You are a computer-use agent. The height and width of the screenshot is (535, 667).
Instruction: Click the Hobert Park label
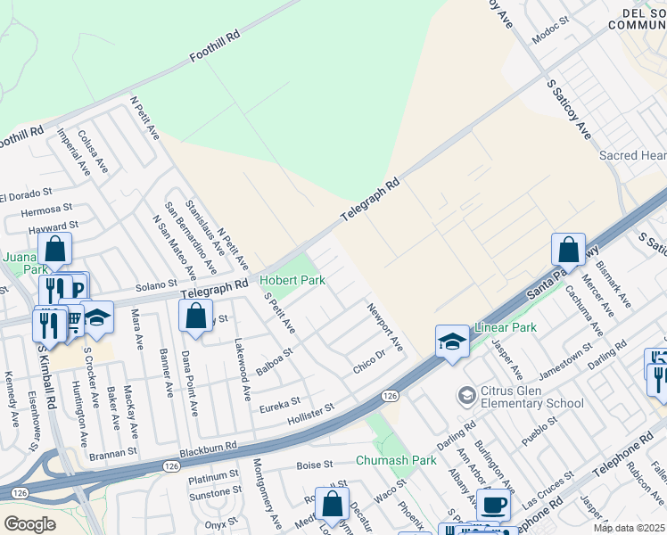(x=292, y=280)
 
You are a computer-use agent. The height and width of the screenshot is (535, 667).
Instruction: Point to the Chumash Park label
(x=396, y=460)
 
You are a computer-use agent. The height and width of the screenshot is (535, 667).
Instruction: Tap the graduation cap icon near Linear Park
(x=452, y=341)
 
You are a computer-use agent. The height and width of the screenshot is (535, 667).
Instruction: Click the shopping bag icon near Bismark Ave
(x=568, y=249)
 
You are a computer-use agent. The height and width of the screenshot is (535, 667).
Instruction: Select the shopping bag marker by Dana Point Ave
(x=196, y=316)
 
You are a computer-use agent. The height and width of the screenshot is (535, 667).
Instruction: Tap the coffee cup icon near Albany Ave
(x=492, y=504)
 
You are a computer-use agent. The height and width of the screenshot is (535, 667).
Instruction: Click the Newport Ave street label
(x=385, y=325)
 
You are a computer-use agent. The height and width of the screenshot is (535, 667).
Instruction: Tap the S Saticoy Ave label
(x=568, y=108)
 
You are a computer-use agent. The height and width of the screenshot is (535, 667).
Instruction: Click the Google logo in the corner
(x=29, y=524)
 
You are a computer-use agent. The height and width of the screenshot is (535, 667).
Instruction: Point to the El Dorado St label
(x=27, y=194)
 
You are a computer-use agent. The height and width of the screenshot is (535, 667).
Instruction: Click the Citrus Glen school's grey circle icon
(x=466, y=394)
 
